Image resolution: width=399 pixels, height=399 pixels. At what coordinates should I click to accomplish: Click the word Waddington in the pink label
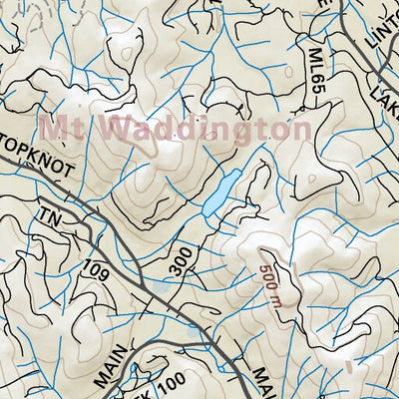pos(207,130)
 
